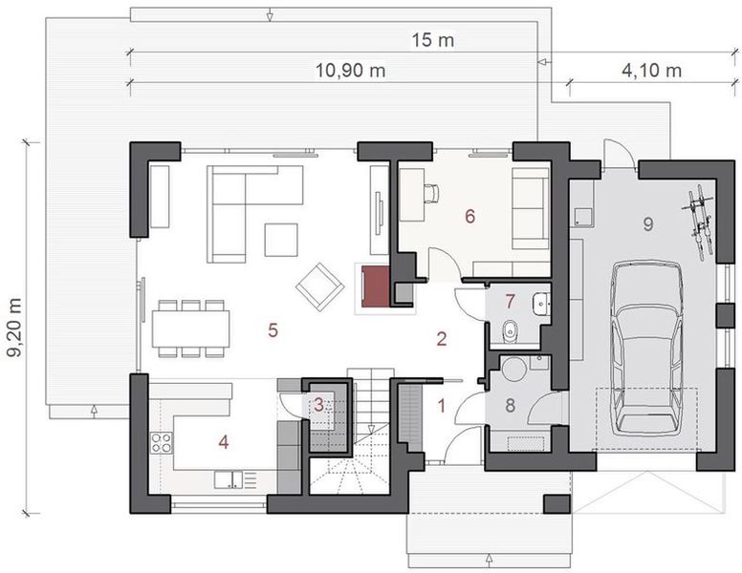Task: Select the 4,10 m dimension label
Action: tap(651, 70)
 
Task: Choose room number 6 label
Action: tap(469, 216)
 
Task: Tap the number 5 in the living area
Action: tap(273, 330)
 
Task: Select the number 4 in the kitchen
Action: tap(223, 442)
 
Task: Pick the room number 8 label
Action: tap(510, 405)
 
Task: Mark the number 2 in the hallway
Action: tap(442, 337)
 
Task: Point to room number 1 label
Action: tap(442, 405)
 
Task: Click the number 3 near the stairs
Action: tap(319, 405)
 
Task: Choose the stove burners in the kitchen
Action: tap(162, 442)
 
